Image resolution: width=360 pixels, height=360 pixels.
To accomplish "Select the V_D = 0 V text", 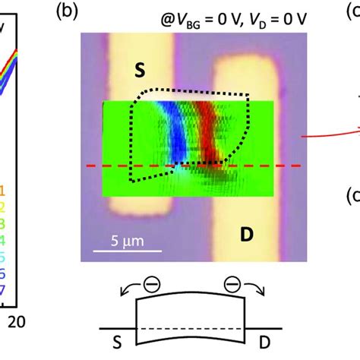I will pos(273,13).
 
